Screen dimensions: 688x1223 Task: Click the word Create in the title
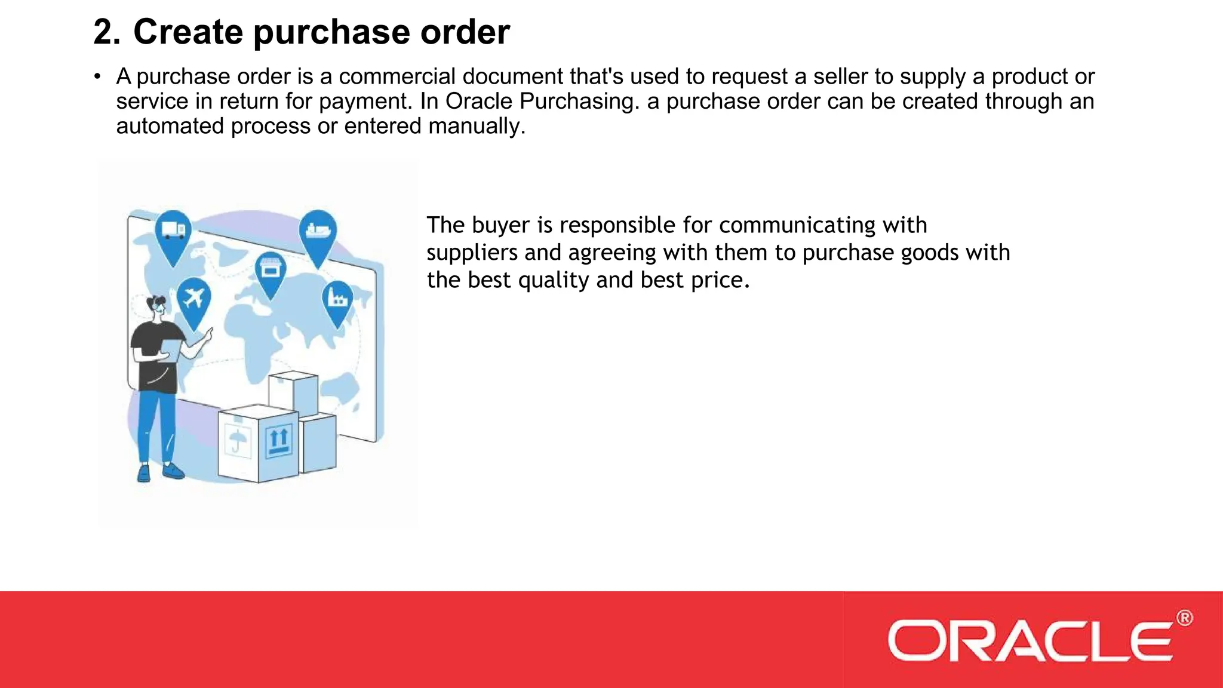[x=188, y=32]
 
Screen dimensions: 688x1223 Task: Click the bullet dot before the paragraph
[x=97, y=77]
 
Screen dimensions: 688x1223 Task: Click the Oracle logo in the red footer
[x=1030, y=641]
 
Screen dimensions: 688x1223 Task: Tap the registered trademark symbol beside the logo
[x=1185, y=618]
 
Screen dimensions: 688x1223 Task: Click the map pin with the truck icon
[x=173, y=232]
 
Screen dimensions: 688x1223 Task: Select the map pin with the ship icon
[x=318, y=232]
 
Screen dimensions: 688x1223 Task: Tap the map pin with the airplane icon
[x=194, y=300]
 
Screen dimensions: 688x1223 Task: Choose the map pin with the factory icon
[x=337, y=300]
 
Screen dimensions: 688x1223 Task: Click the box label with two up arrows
[x=278, y=441]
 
